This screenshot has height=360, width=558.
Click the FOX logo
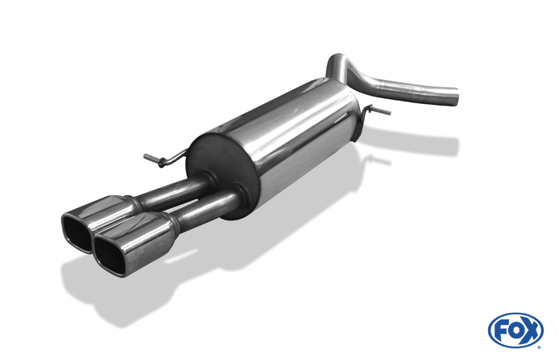click(516, 330)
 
